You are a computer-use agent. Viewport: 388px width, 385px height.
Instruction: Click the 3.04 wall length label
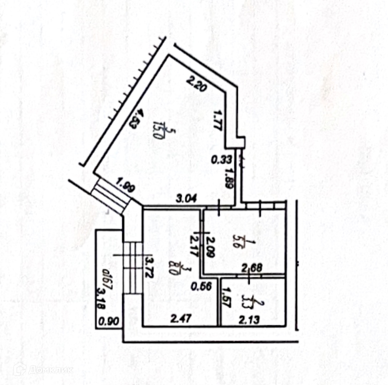187,201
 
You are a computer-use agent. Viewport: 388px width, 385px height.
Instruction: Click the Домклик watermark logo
43,369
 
